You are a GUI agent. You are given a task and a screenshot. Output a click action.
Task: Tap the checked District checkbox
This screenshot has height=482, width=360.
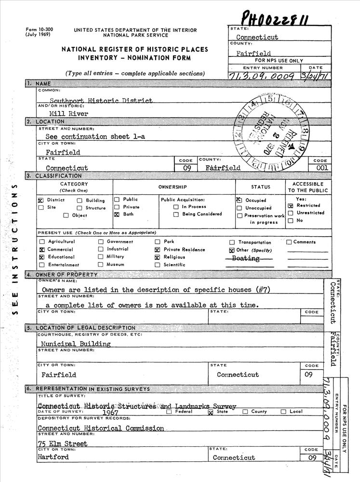tap(41, 200)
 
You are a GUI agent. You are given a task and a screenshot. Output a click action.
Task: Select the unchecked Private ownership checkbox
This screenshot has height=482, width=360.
tap(117, 207)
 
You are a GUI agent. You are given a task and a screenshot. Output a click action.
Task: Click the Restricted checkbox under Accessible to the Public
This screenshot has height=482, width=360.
tap(291, 206)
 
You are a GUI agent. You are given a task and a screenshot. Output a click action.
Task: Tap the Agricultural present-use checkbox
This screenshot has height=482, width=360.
tap(41, 242)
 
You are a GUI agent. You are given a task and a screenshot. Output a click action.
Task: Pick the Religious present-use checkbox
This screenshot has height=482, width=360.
tap(157, 257)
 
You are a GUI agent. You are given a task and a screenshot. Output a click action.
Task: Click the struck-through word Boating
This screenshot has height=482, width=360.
tap(245, 259)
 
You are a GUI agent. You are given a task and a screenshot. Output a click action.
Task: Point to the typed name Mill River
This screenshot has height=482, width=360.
tap(72, 114)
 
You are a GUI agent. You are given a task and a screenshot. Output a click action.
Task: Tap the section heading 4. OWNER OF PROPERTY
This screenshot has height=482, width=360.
tap(67, 275)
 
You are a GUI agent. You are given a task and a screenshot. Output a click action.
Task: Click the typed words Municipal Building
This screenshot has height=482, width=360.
tap(76, 344)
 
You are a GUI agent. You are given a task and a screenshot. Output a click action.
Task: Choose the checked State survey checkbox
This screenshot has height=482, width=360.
tap(210, 412)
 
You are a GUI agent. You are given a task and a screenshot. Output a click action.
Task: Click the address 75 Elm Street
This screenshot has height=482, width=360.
tap(63, 443)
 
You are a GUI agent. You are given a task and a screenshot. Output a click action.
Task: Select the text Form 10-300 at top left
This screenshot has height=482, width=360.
tap(40, 30)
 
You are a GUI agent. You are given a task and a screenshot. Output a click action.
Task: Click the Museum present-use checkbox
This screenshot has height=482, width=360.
tap(101, 265)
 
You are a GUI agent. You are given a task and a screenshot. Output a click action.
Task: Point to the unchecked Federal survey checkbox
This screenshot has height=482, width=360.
tap(169, 412)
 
